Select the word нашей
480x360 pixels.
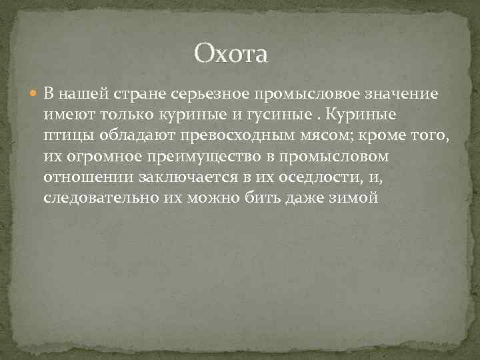80,93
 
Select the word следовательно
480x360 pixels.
101,200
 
